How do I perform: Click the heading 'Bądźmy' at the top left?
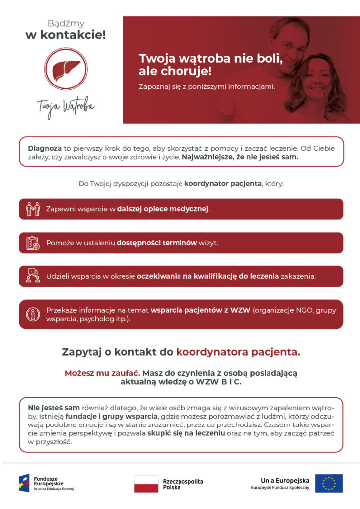coord(66,23)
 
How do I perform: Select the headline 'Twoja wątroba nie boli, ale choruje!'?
coord(211,65)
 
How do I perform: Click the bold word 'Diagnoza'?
coord(45,148)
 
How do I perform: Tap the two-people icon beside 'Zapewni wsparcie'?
coord(33,209)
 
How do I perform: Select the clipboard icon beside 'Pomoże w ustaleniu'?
coord(33,243)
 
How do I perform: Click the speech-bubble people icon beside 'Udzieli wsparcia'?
coord(33,276)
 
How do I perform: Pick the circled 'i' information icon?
coord(33,314)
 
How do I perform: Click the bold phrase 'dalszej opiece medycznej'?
coord(163,209)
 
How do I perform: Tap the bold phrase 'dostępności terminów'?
coord(157,243)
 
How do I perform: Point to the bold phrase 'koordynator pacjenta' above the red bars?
coord(223,183)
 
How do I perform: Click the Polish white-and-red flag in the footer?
coord(146,484)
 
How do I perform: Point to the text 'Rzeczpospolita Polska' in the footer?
coord(183,484)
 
